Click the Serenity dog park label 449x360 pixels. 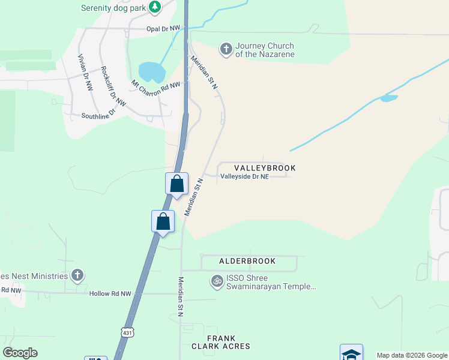pos(114,7)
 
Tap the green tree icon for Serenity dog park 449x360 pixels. pos(155,7)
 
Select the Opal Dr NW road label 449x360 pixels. pos(163,28)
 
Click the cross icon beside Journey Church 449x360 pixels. pos(226,49)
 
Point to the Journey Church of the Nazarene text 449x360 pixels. pos(265,50)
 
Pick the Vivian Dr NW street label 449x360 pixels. pos(85,73)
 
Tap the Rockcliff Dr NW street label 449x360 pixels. pos(112,87)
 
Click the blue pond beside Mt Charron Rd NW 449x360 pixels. pos(152,72)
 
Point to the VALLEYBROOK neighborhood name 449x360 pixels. pos(265,168)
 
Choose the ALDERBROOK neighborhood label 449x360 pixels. pos(247,261)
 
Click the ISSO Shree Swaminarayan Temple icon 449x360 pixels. pos(216,280)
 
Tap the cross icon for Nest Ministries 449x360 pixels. pos(77,275)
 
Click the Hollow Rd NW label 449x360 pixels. pos(109,293)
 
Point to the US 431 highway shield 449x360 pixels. pos(127,331)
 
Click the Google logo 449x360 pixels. pos(20,353)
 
